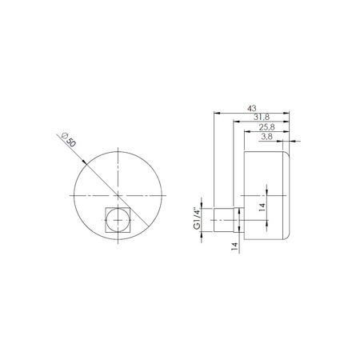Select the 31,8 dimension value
[x=260, y=118]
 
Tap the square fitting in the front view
[x=118, y=218]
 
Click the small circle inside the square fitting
[x=118, y=218]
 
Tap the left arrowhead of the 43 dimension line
[x=217, y=114]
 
